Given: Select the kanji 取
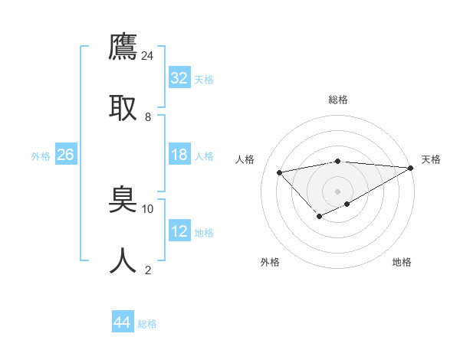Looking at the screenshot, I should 123,107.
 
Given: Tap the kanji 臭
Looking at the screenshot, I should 123,200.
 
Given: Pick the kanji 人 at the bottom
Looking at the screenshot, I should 123,261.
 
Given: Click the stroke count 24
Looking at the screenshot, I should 148,55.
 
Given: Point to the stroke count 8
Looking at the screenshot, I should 148,117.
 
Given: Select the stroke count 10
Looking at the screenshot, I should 148,208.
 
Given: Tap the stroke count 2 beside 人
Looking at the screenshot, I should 148,270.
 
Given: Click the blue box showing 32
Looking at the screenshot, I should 179,78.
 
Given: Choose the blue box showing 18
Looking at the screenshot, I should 179,155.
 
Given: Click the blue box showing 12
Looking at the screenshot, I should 179,231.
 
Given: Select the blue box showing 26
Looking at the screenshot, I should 66,155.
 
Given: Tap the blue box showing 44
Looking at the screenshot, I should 123,322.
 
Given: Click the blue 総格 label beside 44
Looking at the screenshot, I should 147,324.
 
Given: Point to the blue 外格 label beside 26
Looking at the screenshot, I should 41,156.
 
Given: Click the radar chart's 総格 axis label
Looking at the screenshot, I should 338,100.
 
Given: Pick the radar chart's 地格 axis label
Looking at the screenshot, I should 402,262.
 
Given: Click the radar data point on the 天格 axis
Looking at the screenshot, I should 411,169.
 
